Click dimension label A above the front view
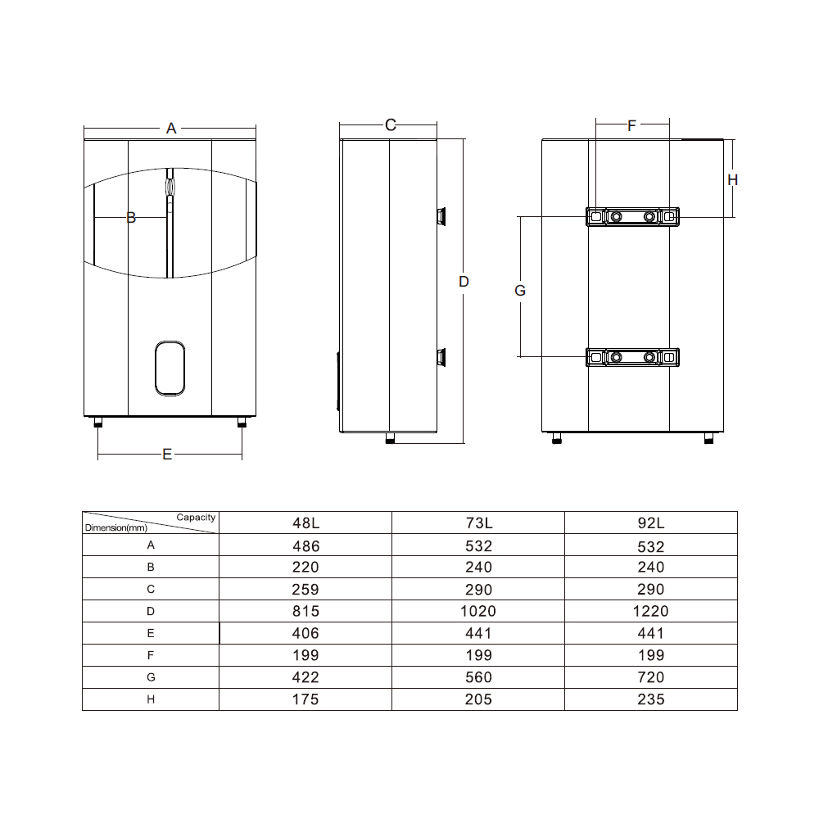[171, 128]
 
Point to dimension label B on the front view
[131, 217]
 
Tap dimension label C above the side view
[390, 124]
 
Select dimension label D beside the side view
[464, 282]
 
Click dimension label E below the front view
[167, 454]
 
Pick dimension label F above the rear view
[631, 125]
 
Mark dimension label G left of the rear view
[520, 291]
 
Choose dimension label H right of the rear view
[732, 179]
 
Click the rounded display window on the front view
[170, 369]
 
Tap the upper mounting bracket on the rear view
[632, 216]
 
